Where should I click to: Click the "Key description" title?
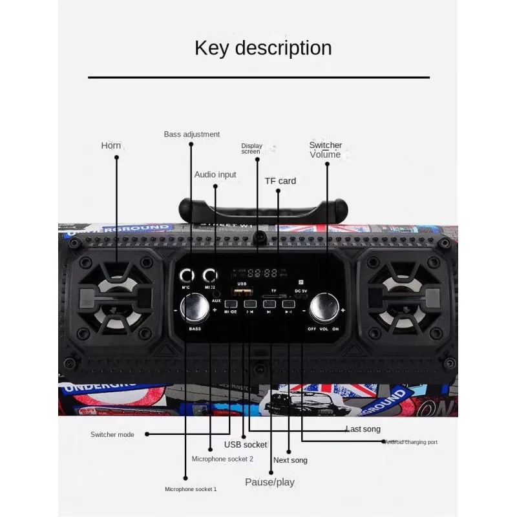click(x=263, y=48)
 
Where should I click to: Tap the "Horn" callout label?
click(x=111, y=145)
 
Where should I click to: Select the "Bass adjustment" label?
click(x=191, y=134)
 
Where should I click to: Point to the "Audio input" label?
click(x=215, y=174)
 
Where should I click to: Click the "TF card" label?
click(x=280, y=181)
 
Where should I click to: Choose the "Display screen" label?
click(x=251, y=149)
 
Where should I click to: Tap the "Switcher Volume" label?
click(x=325, y=150)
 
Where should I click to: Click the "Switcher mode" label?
click(x=112, y=434)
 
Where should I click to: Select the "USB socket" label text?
click(x=246, y=445)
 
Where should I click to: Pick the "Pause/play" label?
click(x=269, y=482)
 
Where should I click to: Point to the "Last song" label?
click(x=363, y=429)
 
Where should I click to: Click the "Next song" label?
click(x=290, y=460)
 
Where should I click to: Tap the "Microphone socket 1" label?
click(x=191, y=489)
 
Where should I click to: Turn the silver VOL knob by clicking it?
click(x=324, y=308)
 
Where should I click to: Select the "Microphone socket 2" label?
click(x=222, y=459)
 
